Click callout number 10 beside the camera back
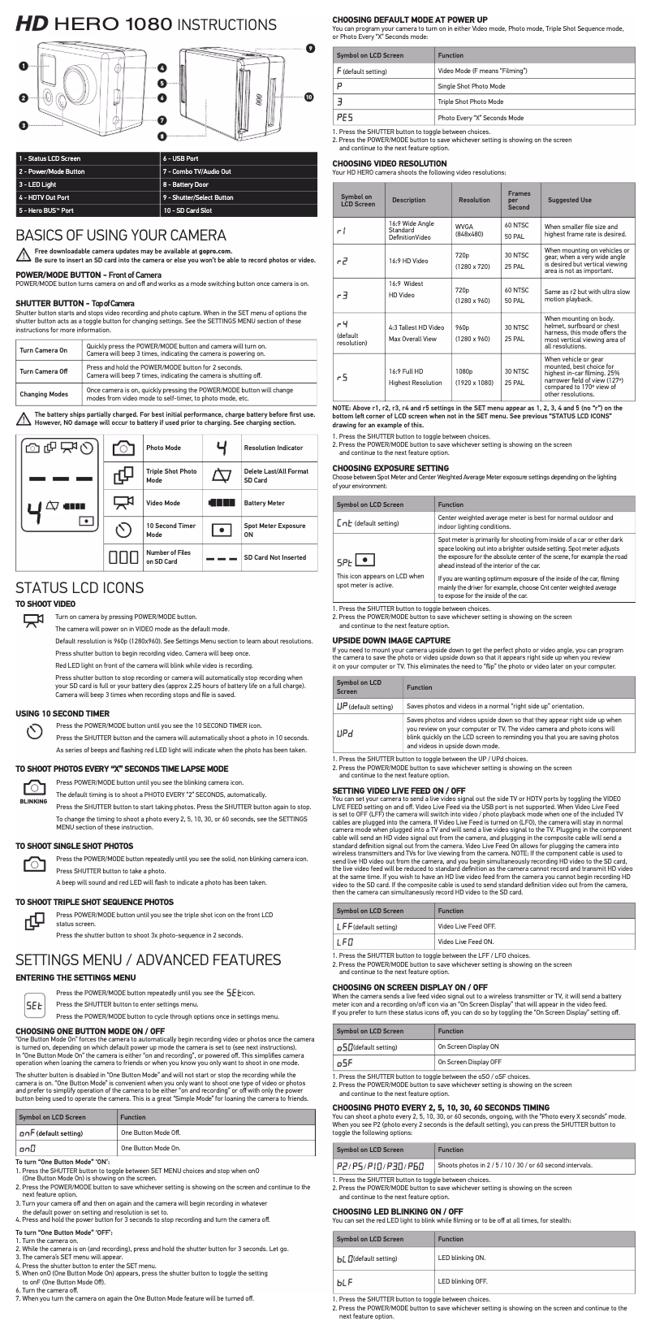tap(308, 97)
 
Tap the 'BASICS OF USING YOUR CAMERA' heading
tap(121, 236)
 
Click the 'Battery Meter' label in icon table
tap(264, 503)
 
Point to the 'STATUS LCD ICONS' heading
tap(80, 588)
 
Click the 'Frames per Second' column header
tap(519, 200)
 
